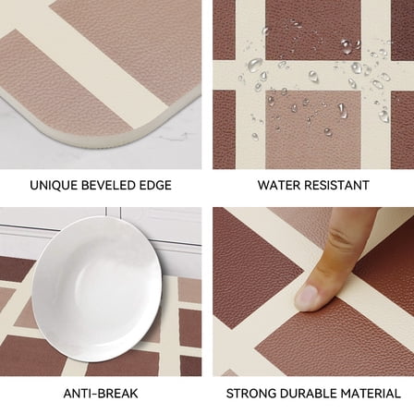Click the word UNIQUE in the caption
coord(52,186)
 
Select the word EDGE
coord(156,186)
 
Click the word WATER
coord(279,186)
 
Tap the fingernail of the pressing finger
coord(309,295)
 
